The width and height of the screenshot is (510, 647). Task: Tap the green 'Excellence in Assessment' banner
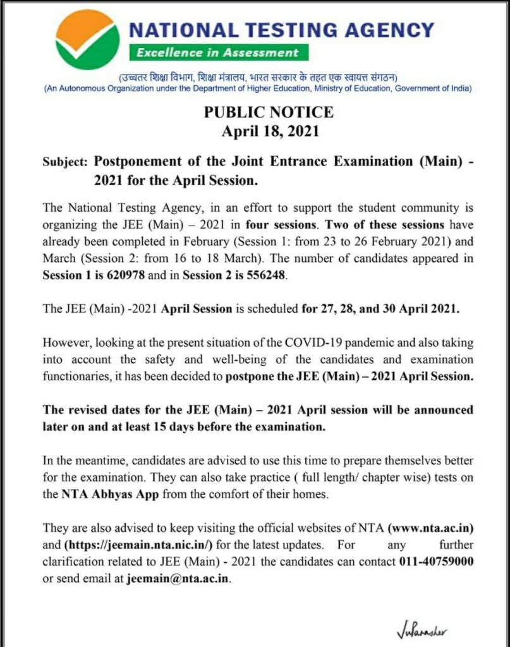tap(217, 52)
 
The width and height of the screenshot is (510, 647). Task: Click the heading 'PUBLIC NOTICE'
tap(269, 112)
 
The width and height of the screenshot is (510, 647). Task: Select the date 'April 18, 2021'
tap(269, 131)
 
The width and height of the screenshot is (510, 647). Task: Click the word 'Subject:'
tap(65, 162)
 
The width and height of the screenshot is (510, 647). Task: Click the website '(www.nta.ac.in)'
tap(431, 528)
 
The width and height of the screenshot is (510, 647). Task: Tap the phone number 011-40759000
tap(437, 561)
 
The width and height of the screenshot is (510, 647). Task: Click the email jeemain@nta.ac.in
tap(179, 578)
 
